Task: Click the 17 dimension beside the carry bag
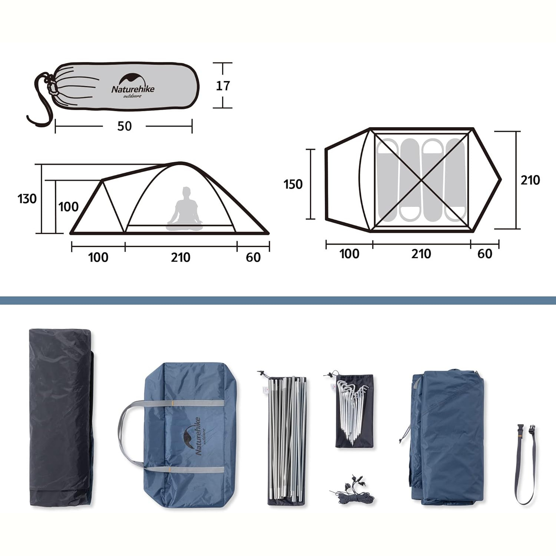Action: tap(223, 86)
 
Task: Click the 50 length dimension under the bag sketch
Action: tap(125, 126)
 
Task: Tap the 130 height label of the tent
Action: tap(27, 199)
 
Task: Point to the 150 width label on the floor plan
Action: tap(293, 184)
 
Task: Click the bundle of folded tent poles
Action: tap(287, 439)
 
